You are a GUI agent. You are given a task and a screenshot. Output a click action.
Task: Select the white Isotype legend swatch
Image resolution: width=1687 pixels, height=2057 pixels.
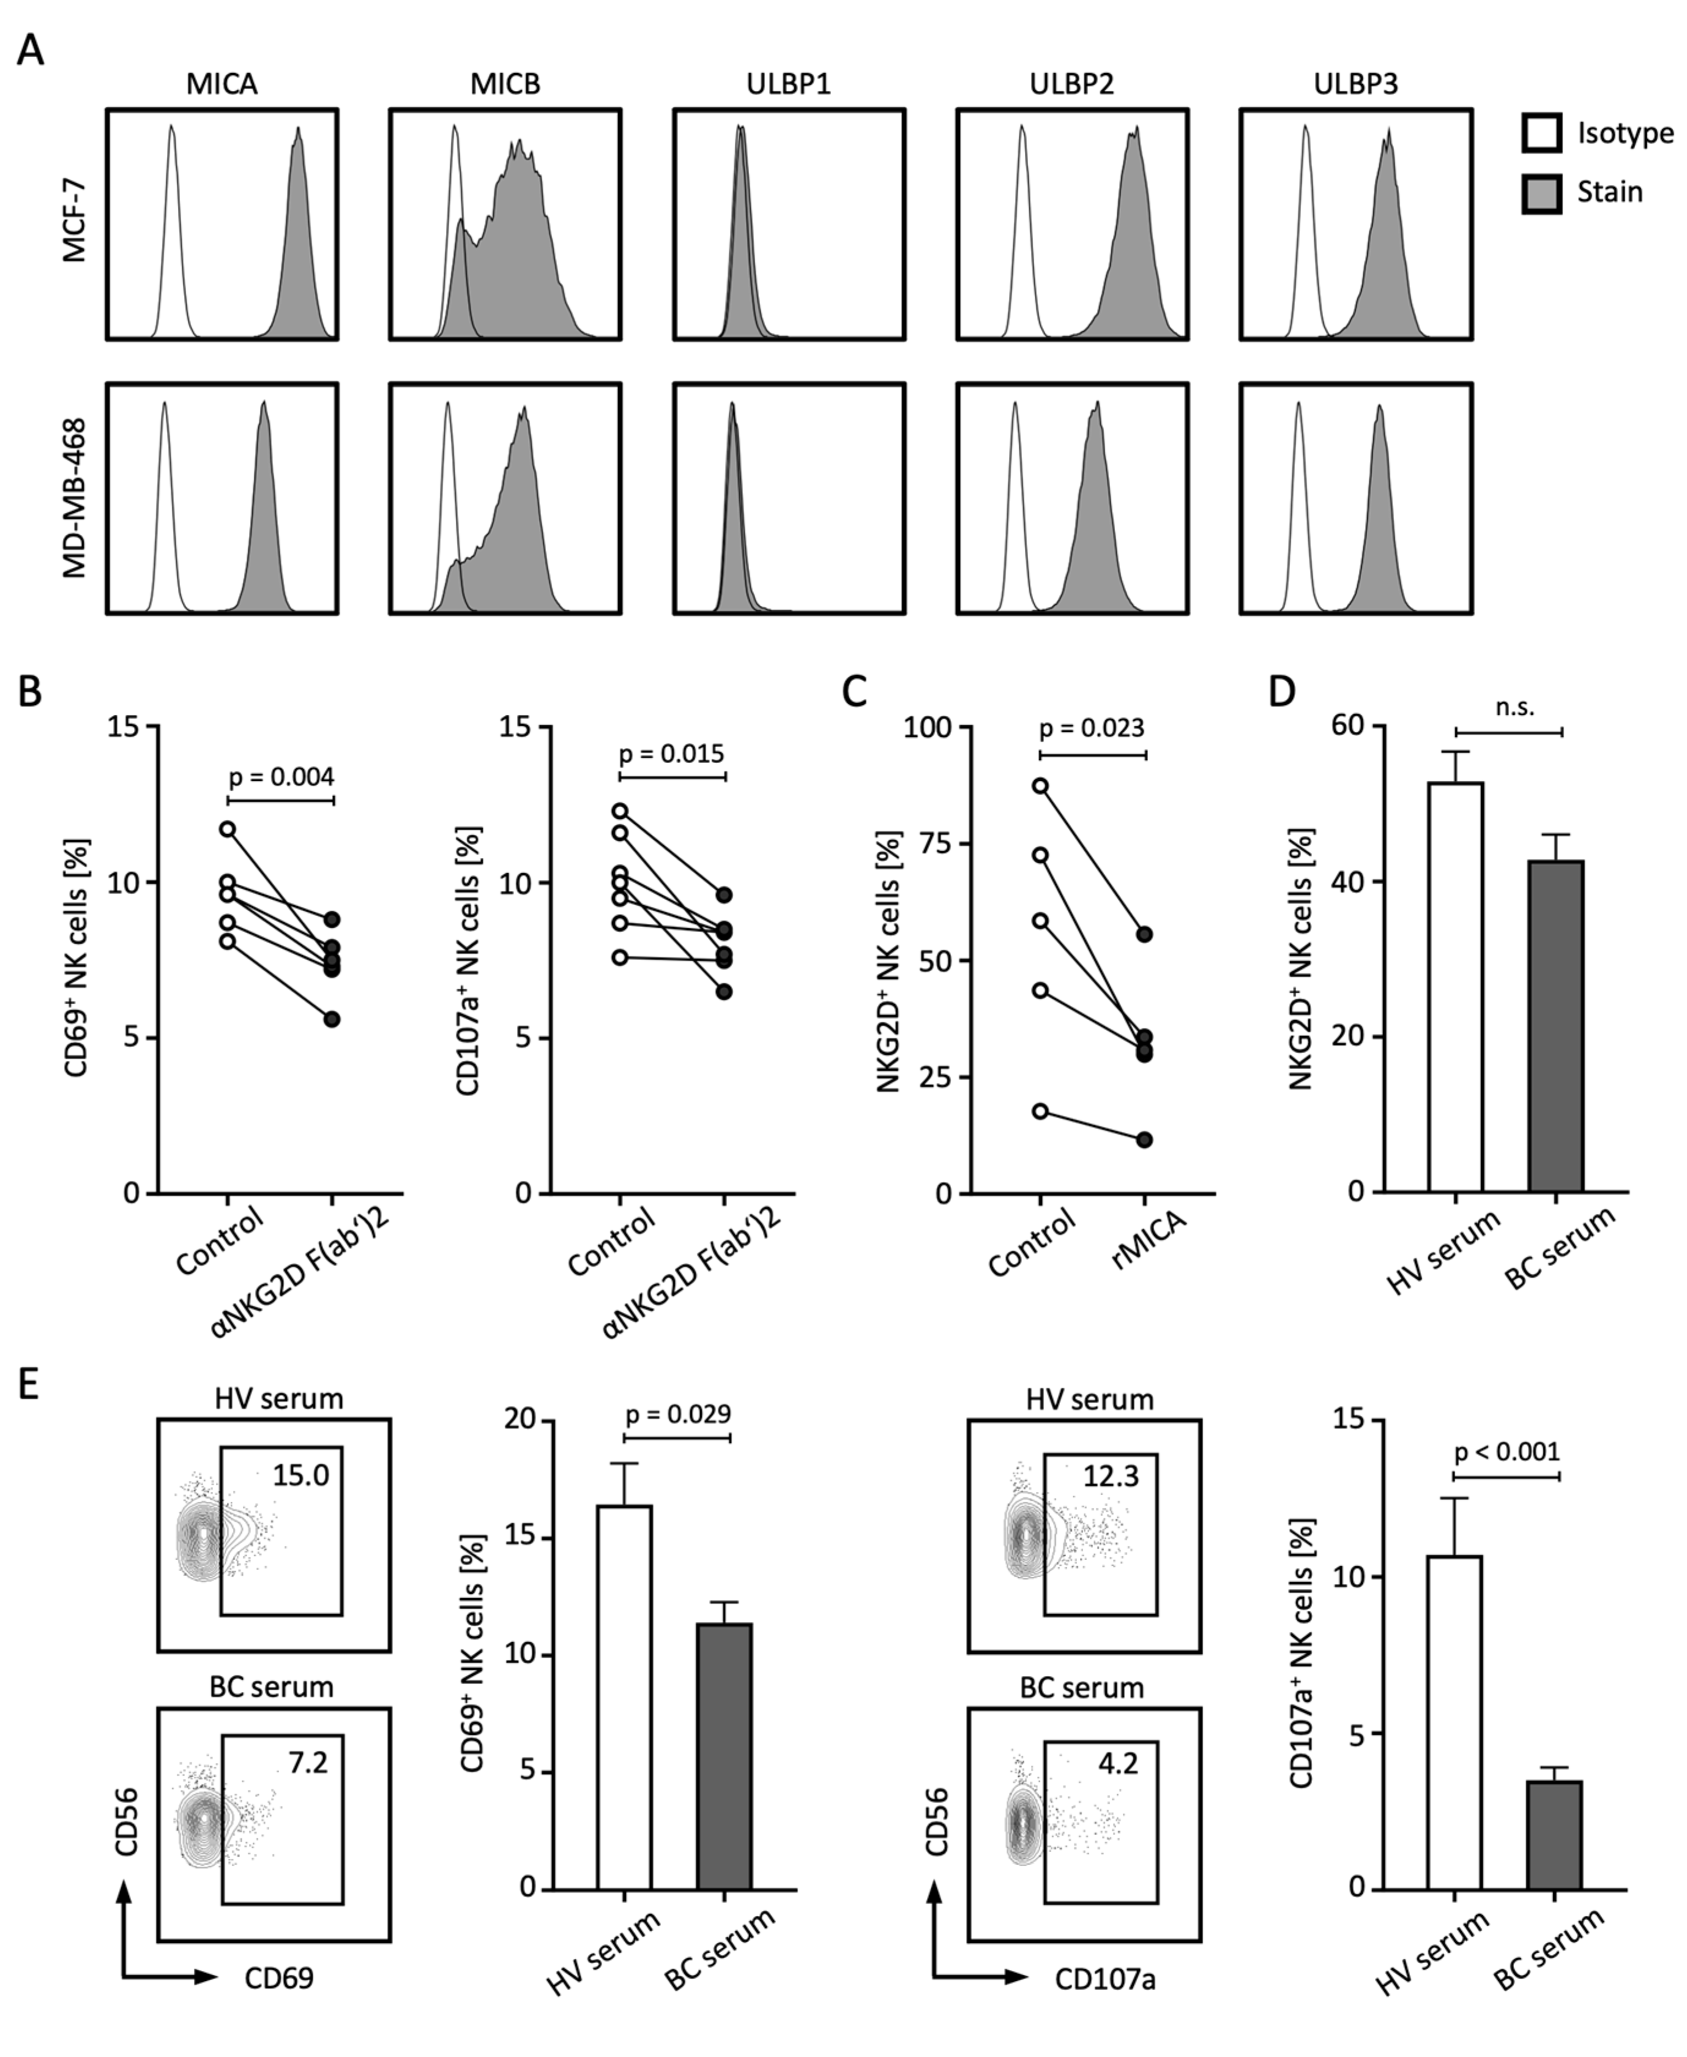coord(1541,133)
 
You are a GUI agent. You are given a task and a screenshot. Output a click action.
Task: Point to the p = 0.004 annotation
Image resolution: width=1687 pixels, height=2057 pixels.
coord(281,777)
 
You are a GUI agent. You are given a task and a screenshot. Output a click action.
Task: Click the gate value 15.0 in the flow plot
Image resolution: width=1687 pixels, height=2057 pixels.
coord(300,1475)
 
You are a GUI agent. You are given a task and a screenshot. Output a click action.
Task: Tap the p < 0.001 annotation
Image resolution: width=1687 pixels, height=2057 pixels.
coord(1506,1452)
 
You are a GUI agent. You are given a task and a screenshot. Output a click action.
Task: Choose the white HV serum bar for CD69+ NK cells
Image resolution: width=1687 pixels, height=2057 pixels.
coord(625,1696)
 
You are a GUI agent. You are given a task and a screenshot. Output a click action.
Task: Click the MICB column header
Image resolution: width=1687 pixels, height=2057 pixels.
coord(505,84)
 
